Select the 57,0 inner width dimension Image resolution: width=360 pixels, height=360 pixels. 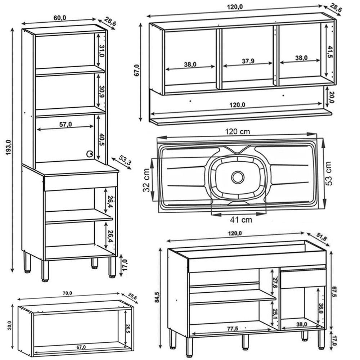point(66,124)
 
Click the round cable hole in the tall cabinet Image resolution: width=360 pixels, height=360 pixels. point(89,154)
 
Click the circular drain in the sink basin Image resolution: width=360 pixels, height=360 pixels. point(238,177)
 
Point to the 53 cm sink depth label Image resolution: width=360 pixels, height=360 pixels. point(328,173)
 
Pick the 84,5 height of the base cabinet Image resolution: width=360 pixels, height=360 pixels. point(157,297)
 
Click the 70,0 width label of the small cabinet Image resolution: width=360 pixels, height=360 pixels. point(67,293)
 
